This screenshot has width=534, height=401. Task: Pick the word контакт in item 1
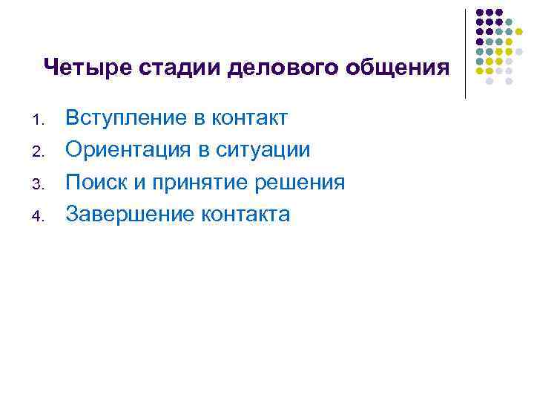pos(250,117)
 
